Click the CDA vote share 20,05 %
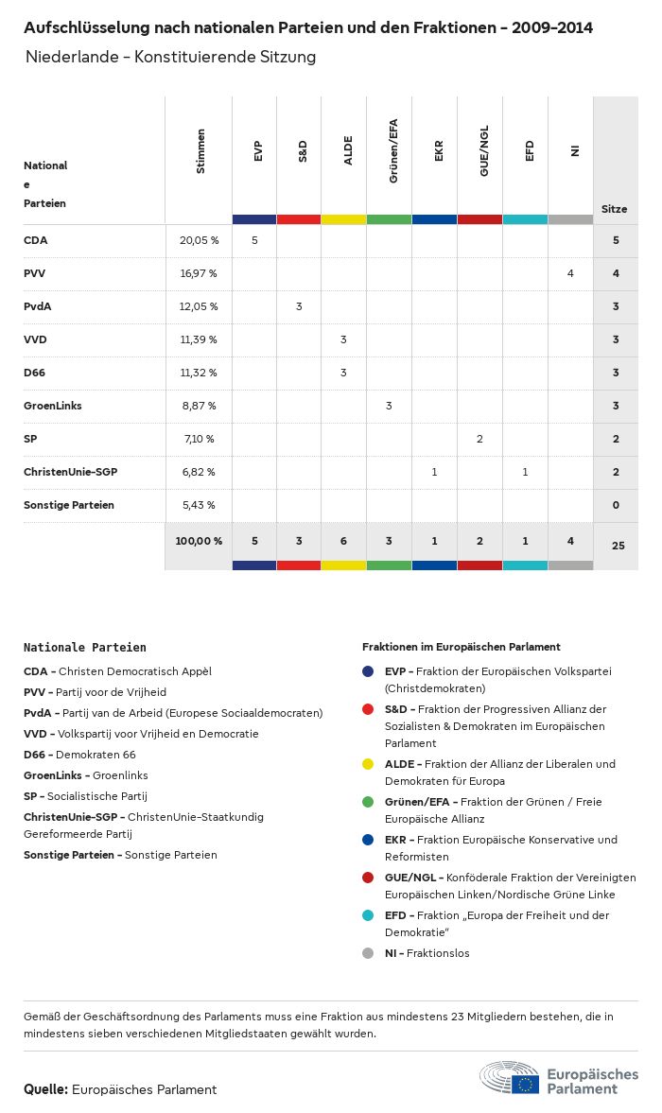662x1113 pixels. (199, 240)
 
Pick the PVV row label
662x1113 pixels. (35, 273)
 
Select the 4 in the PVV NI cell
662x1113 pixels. (570, 273)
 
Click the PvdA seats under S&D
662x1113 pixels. (299, 306)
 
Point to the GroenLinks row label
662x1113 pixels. (53, 406)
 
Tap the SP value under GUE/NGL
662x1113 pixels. (479, 439)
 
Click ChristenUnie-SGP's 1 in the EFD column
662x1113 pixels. (525, 472)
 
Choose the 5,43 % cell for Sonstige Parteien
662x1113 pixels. (198, 505)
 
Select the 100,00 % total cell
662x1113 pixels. (199, 541)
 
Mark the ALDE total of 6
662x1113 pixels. (343, 541)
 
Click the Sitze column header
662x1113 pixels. (615, 209)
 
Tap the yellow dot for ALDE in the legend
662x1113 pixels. (368, 764)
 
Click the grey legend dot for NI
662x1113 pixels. (368, 953)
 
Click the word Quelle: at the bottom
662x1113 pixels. (45, 1089)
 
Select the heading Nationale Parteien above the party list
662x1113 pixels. (85, 648)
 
